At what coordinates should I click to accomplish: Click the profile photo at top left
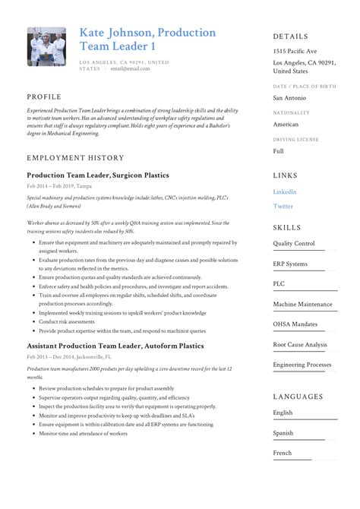point(47,48)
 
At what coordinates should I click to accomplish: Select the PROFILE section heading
point(45,97)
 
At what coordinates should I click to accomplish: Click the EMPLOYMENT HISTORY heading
point(74,157)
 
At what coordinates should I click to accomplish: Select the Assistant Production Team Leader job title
point(115,346)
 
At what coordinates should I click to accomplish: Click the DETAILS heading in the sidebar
point(290,36)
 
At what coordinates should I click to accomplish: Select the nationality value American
point(286,125)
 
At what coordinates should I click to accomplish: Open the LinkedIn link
point(285,192)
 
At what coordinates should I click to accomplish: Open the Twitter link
point(283,206)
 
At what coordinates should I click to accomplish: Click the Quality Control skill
point(294,244)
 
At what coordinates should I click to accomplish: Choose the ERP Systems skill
point(291,264)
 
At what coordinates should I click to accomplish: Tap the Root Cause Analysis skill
point(300,344)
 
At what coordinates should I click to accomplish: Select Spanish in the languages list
point(284,433)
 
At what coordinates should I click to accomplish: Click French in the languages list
point(283,453)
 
